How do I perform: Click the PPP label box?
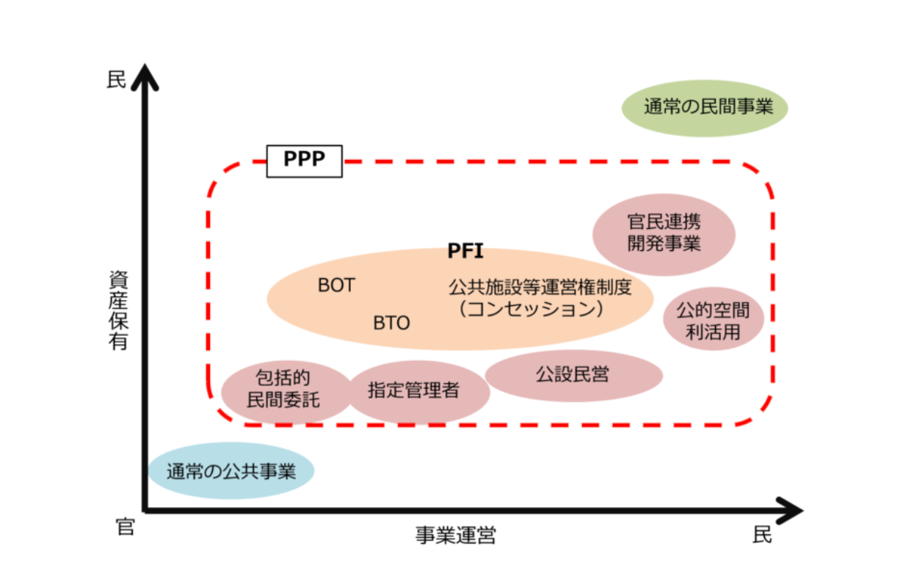pyautogui.click(x=304, y=160)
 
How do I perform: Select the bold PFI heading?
pyautogui.click(x=465, y=252)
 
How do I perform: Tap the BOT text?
pyautogui.click(x=336, y=285)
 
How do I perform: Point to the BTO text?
pyautogui.click(x=391, y=323)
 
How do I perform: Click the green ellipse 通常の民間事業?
pyautogui.click(x=705, y=108)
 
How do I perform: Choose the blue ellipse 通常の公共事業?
pyautogui.click(x=231, y=470)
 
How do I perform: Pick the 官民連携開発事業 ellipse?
pyautogui.click(x=664, y=233)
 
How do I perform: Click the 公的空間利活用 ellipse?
pyautogui.click(x=713, y=319)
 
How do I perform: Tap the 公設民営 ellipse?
pyautogui.click(x=573, y=376)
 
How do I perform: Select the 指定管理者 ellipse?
pyautogui.click(x=415, y=391)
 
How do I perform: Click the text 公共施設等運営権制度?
pyautogui.click(x=550, y=286)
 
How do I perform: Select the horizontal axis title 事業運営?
pyautogui.click(x=455, y=536)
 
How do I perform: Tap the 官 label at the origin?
pyautogui.click(x=126, y=526)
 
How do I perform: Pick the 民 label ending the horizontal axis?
pyautogui.click(x=762, y=535)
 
